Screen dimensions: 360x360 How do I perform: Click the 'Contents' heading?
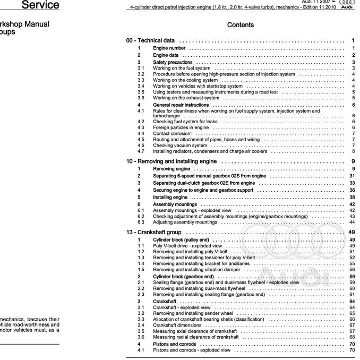click(240, 25)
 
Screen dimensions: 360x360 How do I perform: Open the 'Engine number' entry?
click(169, 48)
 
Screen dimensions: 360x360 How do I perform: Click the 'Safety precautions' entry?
click(173, 62)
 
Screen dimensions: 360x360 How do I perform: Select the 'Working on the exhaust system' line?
click(186, 98)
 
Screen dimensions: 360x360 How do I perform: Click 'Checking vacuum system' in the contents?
click(180, 145)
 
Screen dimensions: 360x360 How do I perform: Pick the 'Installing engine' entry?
click(170, 197)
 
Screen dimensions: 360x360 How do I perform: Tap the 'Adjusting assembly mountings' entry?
click(185, 222)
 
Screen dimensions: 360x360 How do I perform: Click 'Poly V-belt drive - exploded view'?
click(187, 246)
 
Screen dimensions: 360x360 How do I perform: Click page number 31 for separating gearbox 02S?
click(352, 176)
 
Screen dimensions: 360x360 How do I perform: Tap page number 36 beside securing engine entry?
click(352, 190)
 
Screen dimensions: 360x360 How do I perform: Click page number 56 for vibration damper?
click(352, 270)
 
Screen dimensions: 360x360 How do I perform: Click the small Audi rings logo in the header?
click(346, 3)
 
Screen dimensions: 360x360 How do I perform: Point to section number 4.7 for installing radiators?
click(141, 151)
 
